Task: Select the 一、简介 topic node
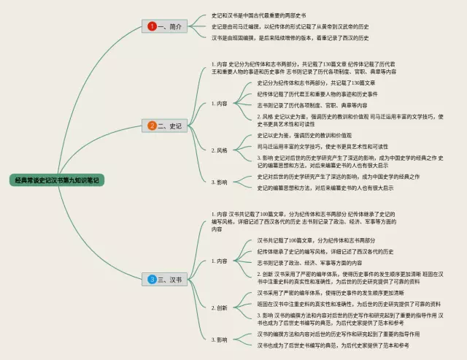click(169, 26)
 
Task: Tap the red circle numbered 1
click(152, 26)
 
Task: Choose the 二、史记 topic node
click(169, 126)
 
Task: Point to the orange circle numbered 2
click(152, 126)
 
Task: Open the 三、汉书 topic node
click(169, 279)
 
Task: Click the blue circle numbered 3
click(152, 279)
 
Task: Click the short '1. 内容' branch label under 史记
click(219, 104)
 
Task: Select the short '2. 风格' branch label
click(219, 150)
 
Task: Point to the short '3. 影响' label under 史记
click(219, 182)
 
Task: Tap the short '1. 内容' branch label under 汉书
click(219, 261)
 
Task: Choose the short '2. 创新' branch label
click(219, 308)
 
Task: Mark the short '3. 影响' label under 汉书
click(219, 340)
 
